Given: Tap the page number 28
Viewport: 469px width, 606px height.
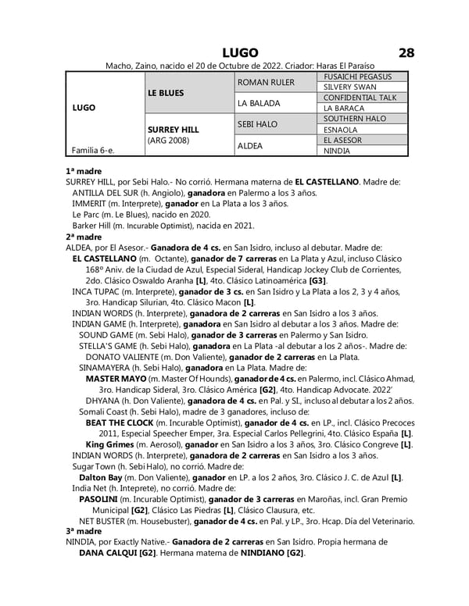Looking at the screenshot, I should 406,52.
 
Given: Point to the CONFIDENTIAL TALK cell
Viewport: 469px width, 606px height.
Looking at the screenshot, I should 356,98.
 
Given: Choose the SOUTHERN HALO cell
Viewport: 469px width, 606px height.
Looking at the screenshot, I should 353,119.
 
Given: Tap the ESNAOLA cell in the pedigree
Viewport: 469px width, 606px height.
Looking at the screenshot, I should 339,130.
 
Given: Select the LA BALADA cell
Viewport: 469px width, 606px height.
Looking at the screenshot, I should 259,103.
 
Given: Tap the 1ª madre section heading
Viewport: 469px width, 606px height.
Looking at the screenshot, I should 84,170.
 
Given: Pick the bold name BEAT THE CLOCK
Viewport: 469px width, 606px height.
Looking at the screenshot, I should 124,422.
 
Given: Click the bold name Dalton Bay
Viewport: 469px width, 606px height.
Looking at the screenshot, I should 101,476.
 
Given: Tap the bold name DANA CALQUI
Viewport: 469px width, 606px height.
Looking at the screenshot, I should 108,553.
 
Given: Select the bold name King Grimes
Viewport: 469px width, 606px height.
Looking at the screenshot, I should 113,444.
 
